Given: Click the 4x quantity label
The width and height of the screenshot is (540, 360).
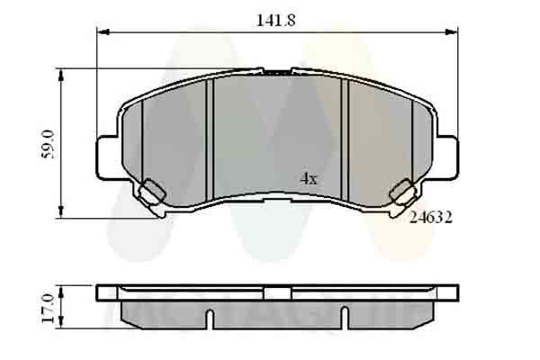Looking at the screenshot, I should (x=309, y=179).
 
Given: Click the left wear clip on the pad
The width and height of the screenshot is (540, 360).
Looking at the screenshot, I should (x=151, y=192).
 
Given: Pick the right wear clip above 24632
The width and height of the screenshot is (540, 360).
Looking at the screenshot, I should (x=402, y=192).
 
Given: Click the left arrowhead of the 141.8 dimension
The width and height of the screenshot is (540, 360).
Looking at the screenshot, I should (x=101, y=32).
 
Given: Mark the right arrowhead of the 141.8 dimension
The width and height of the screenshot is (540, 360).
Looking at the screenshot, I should (x=455, y=32).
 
